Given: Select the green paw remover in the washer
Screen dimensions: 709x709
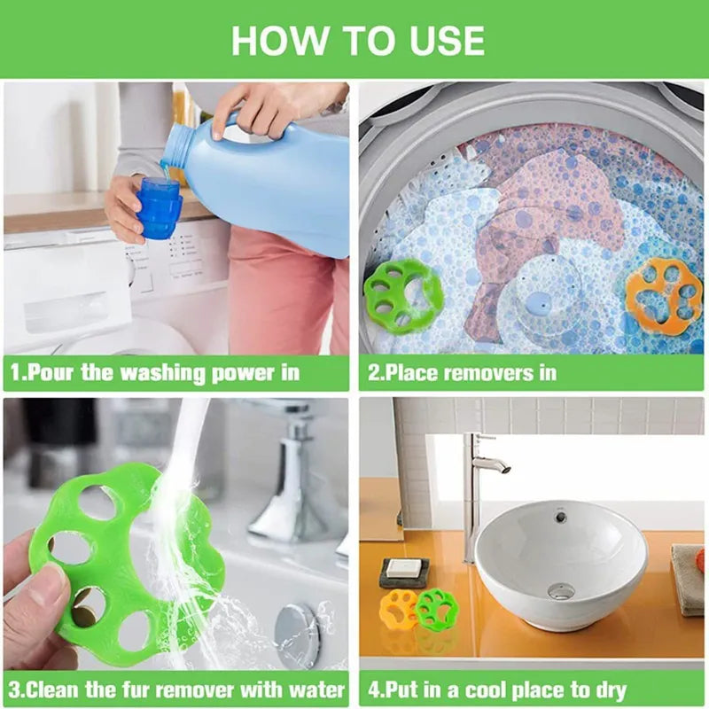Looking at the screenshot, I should (402, 296).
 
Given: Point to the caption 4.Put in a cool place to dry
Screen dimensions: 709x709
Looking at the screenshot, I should (497, 690).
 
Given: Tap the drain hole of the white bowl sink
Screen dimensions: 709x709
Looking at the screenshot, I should (560, 590).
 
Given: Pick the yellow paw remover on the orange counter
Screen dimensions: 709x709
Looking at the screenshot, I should (398, 608).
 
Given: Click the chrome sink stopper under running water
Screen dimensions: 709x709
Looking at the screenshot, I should (297, 635).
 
